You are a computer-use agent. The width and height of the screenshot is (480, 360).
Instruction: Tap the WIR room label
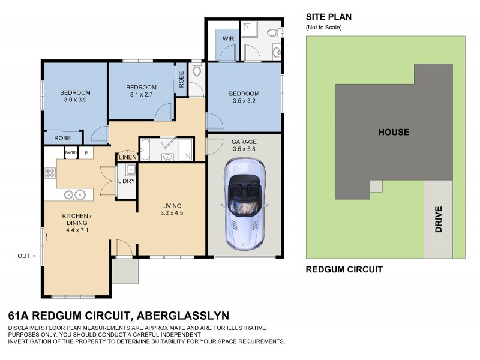tap(228, 39)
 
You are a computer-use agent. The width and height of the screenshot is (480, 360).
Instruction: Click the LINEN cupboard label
tap(127, 157)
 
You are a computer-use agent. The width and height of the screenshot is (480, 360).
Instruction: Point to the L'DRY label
tap(126, 181)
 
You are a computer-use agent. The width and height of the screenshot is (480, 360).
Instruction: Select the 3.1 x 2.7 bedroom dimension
tap(142, 95)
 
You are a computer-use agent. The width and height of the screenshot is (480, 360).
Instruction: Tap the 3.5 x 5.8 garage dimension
tap(244, 150)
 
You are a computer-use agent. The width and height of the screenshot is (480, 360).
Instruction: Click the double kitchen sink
tap(75, 194)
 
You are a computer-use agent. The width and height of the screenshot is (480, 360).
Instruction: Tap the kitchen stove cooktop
tap(50, 173)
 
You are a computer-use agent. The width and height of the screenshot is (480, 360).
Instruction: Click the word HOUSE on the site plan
tap(393, 132)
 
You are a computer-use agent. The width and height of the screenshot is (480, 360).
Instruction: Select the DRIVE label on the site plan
tap(439, 220)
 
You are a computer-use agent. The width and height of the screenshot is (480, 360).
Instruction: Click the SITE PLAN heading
tap(329, 17)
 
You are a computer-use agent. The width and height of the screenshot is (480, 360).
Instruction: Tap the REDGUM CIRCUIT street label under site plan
tap(344, 269)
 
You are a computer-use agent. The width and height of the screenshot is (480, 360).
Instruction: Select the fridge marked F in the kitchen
tap(86, 153)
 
